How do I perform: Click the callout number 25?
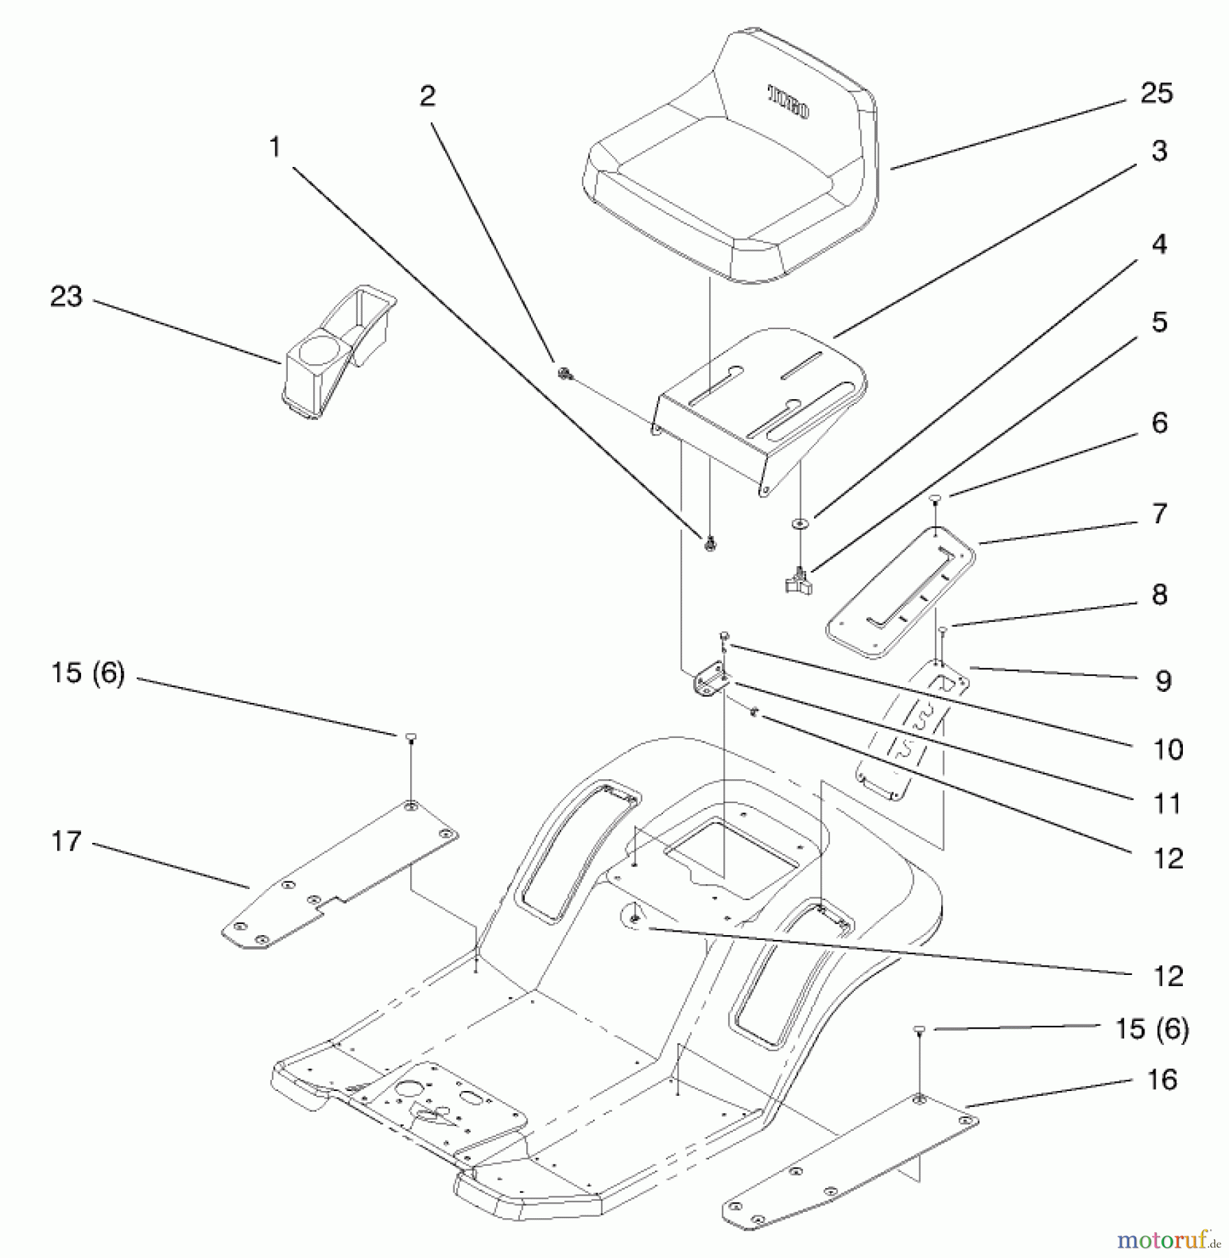tap(1156, 93)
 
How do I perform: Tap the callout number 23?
tap(66, 297)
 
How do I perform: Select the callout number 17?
tap(66, 841)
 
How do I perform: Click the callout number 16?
tap(1162, 1080)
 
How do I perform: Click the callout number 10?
tap(1167, 750)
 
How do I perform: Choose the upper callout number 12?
tap(1168, 859)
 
